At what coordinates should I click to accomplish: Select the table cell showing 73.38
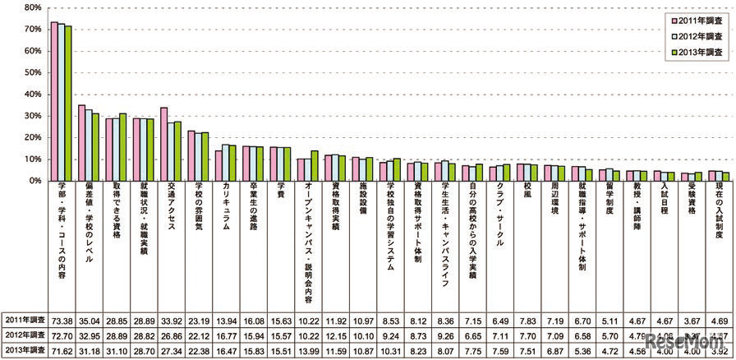click(62, 319)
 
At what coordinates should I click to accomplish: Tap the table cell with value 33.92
click(170, 319)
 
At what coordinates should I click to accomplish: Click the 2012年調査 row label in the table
click(25, 336)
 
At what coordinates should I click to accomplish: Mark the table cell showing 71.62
click(62, 352)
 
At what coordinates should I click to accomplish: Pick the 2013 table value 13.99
click(309, 352)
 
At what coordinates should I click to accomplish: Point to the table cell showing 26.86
click(170, 336)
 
